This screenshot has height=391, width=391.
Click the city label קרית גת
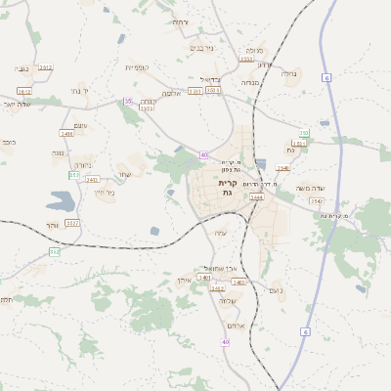[227, 189]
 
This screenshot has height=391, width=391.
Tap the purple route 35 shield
[127, 101]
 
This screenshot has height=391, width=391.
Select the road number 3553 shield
[213, 90]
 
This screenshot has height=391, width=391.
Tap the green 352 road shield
[55, 252]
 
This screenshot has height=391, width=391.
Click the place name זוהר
[51, 225]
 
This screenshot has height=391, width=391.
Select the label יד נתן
[79, 90]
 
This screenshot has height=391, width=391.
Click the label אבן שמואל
[214, 268]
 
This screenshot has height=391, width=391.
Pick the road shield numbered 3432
[218, 288]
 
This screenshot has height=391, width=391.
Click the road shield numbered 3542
[316, 200]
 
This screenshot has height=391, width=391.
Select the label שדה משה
[320, 186]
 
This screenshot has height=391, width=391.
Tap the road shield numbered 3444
[256, 197]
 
